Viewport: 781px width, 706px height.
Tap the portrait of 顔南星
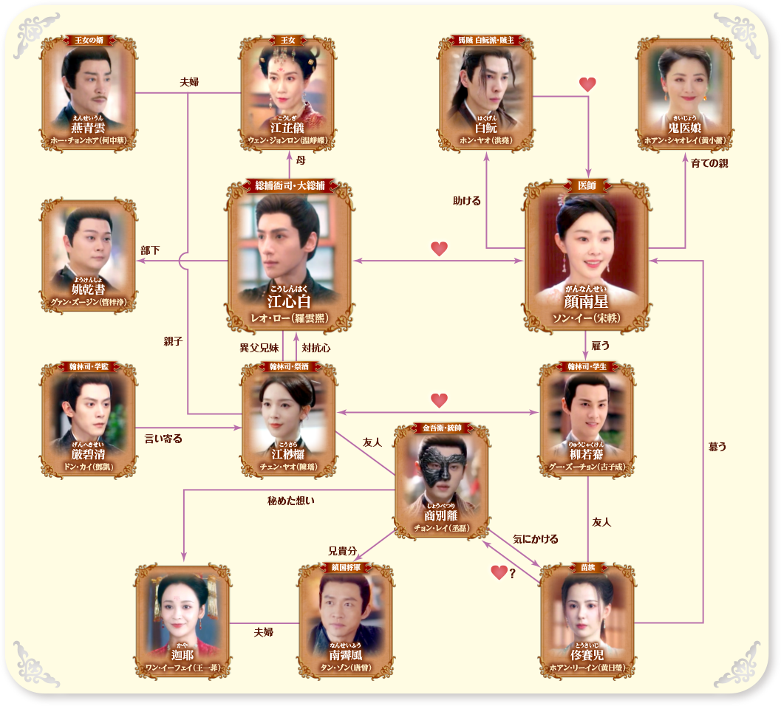click(x=588, y=244)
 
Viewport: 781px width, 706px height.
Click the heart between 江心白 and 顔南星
click(x=440, y=249)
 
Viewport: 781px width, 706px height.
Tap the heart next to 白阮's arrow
click(x=587, y=85)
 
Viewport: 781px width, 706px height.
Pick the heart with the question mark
click(x=500, y=572)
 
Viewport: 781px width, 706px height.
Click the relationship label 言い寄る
click(x=164, y=439)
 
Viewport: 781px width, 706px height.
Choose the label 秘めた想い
click(x=291, y=501)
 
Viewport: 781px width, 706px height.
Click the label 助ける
click(x=467, y=200)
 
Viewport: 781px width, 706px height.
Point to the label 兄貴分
click(x=343, y=551)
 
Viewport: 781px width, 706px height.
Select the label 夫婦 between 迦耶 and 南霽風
click(x=264, y=632)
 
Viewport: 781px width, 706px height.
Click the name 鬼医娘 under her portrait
click(x=684, y=128)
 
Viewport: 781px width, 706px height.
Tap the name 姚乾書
click(x=89, y=290)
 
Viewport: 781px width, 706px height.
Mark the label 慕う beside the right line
click(x=717, y=446)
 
